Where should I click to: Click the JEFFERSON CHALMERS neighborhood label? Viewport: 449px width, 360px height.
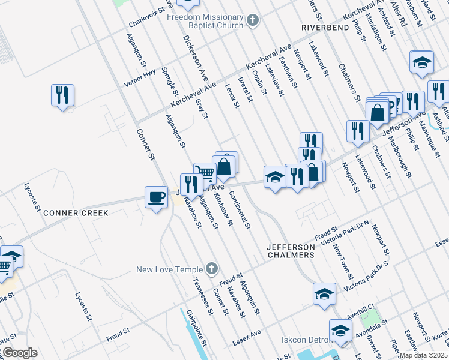click(291, 251)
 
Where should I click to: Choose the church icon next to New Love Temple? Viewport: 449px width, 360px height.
click(211, 269)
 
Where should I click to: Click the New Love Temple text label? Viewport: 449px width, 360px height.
click(169, 269)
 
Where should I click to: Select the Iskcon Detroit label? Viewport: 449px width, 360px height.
click(306, 340)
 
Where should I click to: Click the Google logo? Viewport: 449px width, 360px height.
click(19, 353)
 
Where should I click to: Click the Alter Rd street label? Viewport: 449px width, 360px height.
click(399, 12)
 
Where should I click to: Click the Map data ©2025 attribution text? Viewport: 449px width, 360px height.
click(423, 355)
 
